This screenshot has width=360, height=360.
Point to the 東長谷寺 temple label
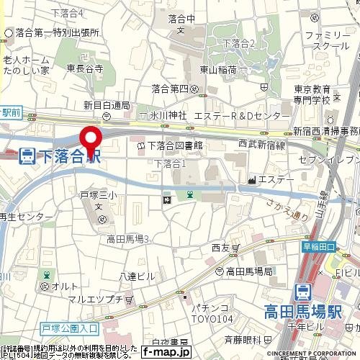84,69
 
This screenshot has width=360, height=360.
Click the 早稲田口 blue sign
319,247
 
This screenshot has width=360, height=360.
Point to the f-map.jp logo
166,352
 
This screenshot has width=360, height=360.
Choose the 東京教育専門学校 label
312,94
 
